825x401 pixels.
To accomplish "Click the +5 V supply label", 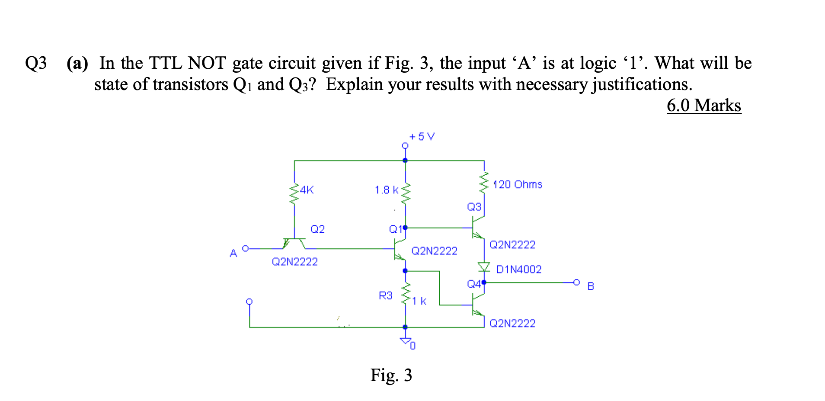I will (x=422, y=137).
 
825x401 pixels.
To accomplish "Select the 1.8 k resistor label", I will (x=386, y=190).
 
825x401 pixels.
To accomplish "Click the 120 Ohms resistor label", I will (x=518, y=184).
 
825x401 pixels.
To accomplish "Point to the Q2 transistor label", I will (x=317, y=229).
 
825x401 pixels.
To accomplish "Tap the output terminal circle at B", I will (x=576, y=282).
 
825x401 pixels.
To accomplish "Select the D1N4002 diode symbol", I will (x=484, y=267).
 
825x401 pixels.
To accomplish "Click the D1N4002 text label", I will (x=518, y=269).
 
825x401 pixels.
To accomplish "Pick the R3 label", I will (x=385, y=295).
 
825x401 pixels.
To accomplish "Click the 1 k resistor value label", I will (x=419, y=301).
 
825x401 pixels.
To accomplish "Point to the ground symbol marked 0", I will (x=406, y=341).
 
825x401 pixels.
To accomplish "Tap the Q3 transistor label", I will (x=474, y=207).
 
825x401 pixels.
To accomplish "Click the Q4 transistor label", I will (x=473, y=284).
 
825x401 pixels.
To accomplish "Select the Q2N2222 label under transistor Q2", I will (x=294, y=262).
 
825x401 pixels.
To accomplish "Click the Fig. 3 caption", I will (x=391, y=375).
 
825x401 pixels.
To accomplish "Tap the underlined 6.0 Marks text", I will (x=703, y=106).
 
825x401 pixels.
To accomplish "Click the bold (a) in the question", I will (x=77, y=63).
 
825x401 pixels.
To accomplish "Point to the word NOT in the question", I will (x=207, y=63).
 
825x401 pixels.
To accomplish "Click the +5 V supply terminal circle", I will (x=405, y=146).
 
